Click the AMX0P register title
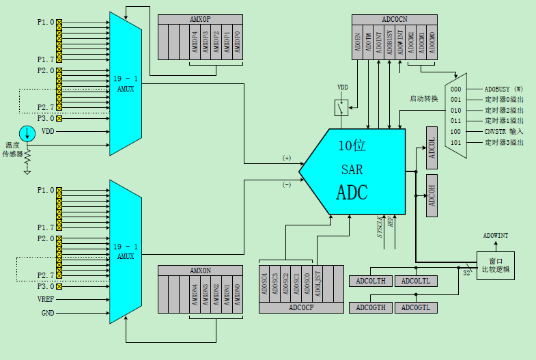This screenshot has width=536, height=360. [199, 19]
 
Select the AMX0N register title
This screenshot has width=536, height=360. [199, 271]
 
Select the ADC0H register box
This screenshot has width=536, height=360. [431, 195]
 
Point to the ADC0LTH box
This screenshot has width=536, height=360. [371, 281]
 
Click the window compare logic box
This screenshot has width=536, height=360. [495, 264]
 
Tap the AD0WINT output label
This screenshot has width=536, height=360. [496, 236]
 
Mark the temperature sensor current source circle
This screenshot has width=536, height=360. [26, 133]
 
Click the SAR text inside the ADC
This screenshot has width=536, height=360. [352, 169]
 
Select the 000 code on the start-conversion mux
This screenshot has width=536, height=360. [455, 89]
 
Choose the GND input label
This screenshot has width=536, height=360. [47, 313]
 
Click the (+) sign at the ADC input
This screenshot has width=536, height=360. [287, 158]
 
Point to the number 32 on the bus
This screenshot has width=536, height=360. [467, 273]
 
